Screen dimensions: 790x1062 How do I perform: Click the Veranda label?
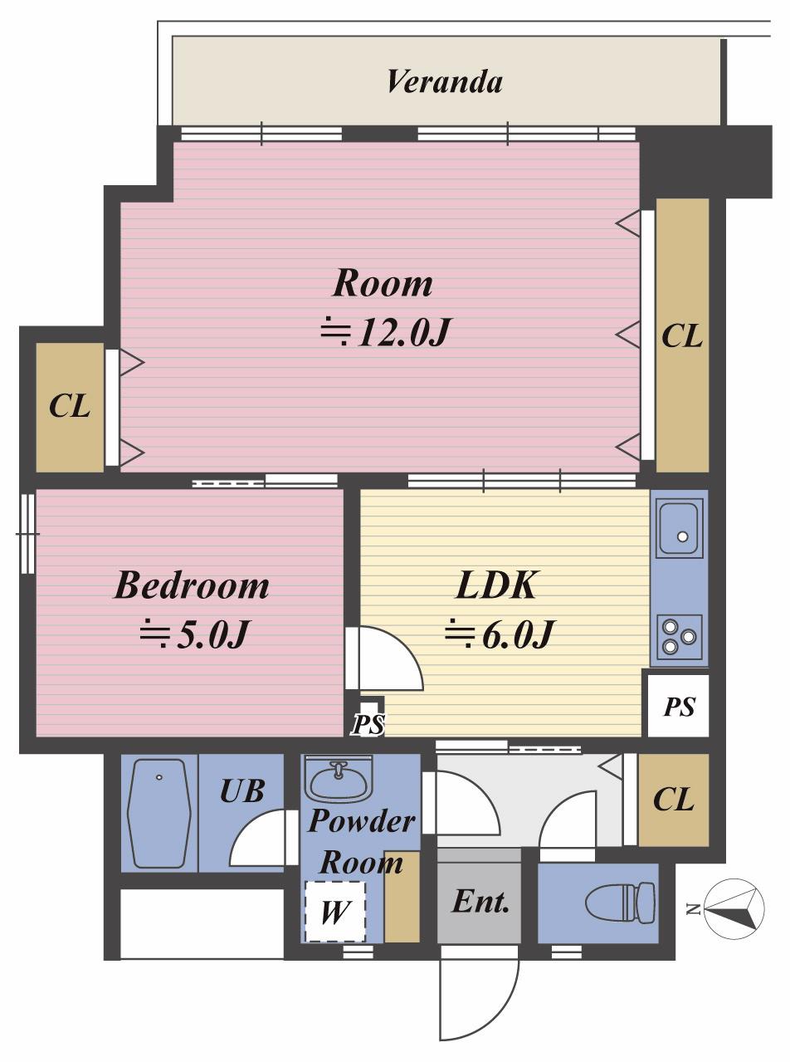pos(445,82)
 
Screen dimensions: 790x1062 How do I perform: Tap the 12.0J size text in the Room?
pos(385,332)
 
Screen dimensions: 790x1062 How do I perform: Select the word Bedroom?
pos(192,585)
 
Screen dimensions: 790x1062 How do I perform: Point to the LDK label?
pos(495,585)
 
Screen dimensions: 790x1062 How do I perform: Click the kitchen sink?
pos(680,527)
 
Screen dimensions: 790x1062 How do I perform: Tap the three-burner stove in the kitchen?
pos(680,636)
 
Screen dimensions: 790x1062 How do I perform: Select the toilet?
pos(620,902)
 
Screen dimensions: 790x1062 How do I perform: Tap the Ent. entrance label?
pos(480,902)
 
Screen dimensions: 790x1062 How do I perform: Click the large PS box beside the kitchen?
pos(679,706)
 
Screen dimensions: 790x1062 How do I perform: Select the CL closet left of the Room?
pos(70,407)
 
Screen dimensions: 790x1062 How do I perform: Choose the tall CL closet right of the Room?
pos(682,335)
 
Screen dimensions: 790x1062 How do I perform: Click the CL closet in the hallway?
pos(674,799)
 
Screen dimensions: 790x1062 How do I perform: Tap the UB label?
pos(242,790)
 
